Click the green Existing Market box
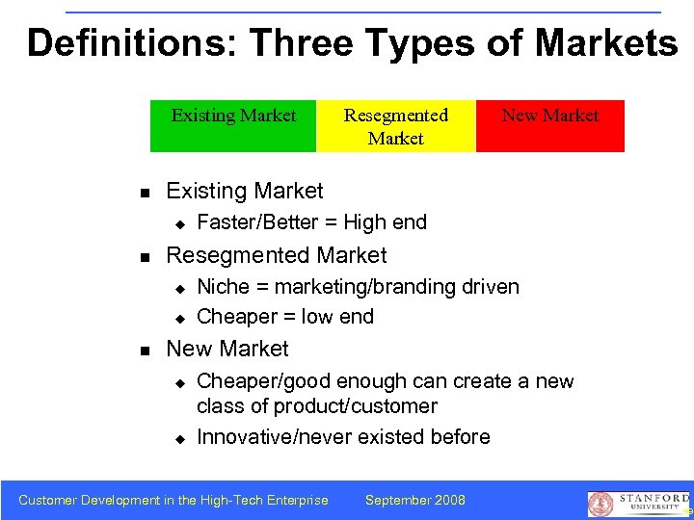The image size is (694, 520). (x=233, y=125)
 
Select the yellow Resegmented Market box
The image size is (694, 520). (x=396, y=126)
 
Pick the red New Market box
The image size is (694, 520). (x=550, y=125)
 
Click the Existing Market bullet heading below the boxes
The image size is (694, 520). (x=245, y=191)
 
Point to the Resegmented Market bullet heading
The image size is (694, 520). (x=277, y=255)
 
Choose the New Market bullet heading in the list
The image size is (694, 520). (x=227, y=349)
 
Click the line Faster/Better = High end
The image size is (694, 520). (x=311, y=222)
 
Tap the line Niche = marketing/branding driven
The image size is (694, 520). (x=358, y=287)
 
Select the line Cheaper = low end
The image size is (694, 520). (x=285, y=317)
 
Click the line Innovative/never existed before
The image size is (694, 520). (x=343, y=437)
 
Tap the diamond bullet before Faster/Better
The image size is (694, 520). (x=178, y=223)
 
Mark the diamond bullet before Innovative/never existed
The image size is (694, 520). (x=178, y=438)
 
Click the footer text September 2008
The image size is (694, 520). (x=415, y=500)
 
